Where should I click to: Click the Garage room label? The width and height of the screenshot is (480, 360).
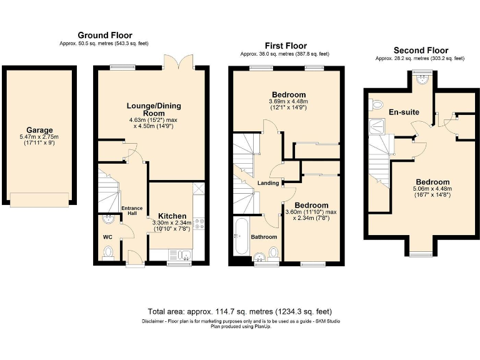click(39, 130)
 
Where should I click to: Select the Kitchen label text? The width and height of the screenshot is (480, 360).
click(172, 216)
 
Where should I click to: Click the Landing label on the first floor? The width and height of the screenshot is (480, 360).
click(267, 182)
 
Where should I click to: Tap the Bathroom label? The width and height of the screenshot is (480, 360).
click(264, 237)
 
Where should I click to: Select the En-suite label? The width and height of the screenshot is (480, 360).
click(403, 112)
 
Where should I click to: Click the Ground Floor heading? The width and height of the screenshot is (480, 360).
click(105, 35)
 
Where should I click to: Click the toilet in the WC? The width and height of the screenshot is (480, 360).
click(108, 252)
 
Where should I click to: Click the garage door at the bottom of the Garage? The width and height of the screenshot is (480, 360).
click(39, 199)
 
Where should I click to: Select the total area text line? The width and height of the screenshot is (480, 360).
click(239, 311)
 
